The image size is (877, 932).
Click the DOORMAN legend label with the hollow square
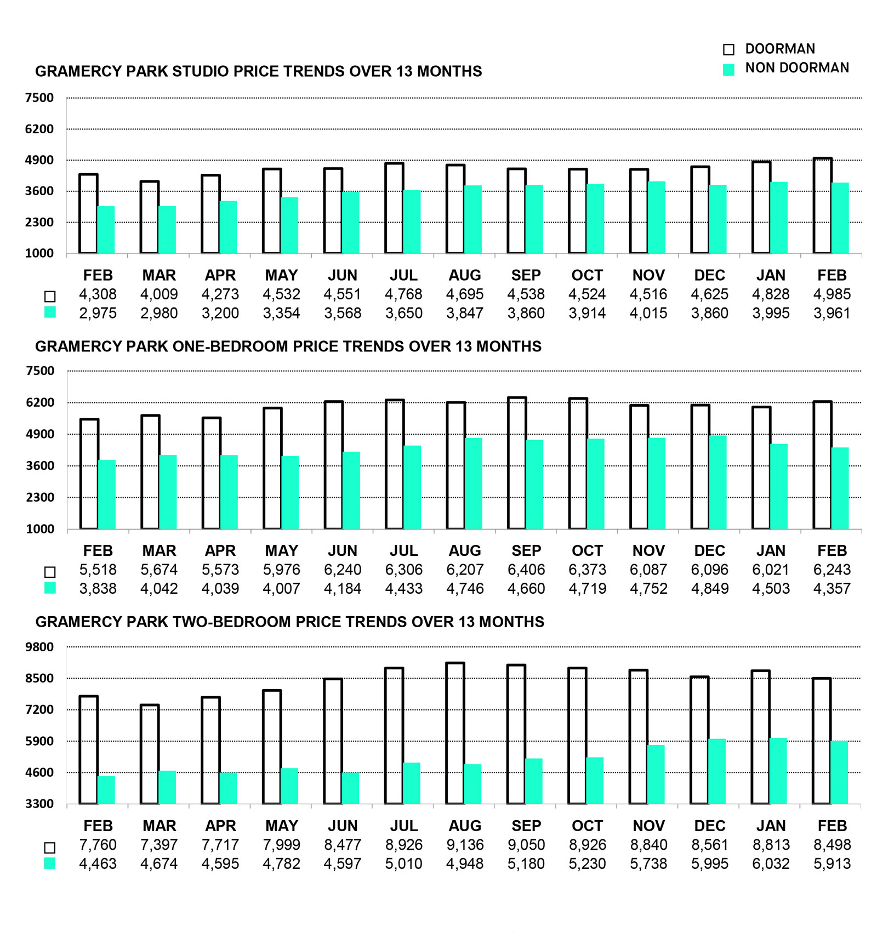(x=779, y=49)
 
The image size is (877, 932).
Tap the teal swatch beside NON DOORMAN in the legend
(x=728, y=69)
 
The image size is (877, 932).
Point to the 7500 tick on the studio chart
(x=39, y=98)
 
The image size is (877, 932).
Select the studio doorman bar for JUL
(x=394, y=208)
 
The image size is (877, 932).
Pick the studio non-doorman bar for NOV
(x=657, y=218)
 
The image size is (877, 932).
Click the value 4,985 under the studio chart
(x=832, y=294)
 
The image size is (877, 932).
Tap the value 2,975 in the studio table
(x=98, y=313)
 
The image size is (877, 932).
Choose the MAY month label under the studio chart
(x=281, y=275)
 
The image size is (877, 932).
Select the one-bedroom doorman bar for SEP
(x=517, y=463)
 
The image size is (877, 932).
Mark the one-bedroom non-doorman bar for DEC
(x=717, y=482)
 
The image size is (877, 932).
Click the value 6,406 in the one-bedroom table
(x=526, y=570)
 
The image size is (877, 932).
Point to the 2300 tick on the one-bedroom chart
(x=40, y=497)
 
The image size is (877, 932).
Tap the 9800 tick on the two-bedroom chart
(x=39, y=647)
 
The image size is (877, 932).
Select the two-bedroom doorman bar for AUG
(x=455, y=734)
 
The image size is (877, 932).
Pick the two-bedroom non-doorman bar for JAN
(x=778, y=771)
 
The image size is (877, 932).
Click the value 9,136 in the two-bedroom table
(x=465, y=845)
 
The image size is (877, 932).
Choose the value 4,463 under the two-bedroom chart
(x=98, y=863)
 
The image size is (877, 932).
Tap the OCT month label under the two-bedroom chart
(x=587, y=826)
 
